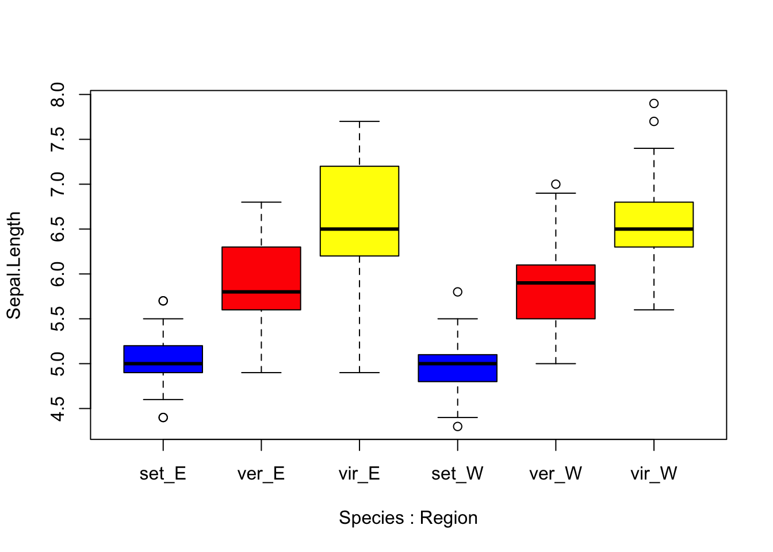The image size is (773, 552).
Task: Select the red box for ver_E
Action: [x=261, y=270]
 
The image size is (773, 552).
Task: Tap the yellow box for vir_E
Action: [x=359, y=195]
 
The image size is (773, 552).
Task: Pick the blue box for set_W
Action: [x=458, y=373]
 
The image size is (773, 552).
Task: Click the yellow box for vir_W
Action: [x=654, y=216]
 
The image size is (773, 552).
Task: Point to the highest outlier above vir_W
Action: [x=654, y=103]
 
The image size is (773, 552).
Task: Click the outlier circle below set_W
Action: [x=458, y=427]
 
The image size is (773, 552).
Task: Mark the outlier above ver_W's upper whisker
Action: [x=556, y=185]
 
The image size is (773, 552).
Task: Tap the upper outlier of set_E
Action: [x=163, y=301]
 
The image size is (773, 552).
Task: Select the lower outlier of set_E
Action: [x=163, y=417]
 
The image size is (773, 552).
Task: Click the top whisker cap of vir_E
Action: [x=359, y=121]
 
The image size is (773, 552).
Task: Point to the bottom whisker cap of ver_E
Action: [x=261, y=373]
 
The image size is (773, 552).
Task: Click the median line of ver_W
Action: [x=556, y=283]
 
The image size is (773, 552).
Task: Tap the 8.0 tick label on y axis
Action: [x=58, y=94]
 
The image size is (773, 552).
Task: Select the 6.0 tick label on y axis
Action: [x=58, y=274]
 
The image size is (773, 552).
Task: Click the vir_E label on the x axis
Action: [x=359, y=474]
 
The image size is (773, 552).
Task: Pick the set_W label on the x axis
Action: [x=458, y=474]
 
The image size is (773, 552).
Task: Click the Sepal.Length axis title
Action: [x=14, y=265]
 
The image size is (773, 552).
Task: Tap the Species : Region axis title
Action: [x=408, y=518]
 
